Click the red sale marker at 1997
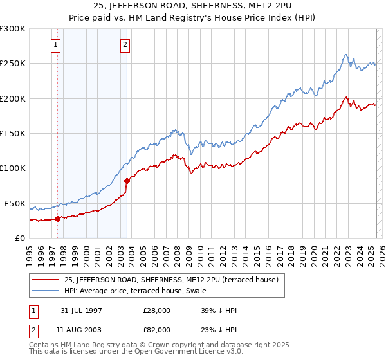coord(57,219)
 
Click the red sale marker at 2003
coord(127,181)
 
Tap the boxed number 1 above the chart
coord(56,45)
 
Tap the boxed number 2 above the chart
coord(124,45)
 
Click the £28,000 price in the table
coord(157,310)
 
